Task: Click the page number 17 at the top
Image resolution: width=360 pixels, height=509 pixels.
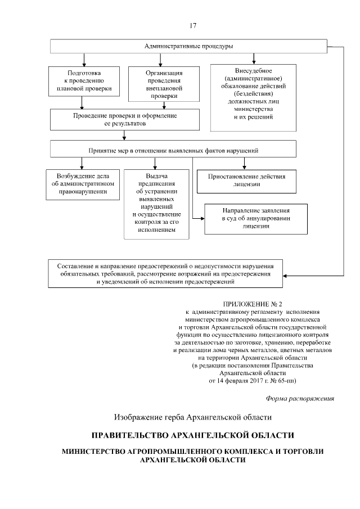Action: click(193, 25)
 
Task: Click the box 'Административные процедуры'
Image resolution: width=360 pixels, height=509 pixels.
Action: click(188, 46)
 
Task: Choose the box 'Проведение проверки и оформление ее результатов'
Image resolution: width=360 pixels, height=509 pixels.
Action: click(125, 118)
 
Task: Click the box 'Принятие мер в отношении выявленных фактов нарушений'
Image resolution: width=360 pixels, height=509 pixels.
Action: click(173, 149)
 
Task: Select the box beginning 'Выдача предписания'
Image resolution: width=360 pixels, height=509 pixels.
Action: click(156, 203)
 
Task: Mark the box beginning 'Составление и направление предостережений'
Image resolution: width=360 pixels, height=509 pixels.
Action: click(165, 272)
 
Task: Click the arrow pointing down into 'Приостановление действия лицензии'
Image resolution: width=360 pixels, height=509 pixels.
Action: click(244, 166)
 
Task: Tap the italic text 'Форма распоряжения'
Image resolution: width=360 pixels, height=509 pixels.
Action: click(300, 399)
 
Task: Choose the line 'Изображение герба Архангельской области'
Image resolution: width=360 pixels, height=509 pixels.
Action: click(193, 417)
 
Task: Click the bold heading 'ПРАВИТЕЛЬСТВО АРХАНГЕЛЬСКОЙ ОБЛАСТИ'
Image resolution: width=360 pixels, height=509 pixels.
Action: click(193, 436)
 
